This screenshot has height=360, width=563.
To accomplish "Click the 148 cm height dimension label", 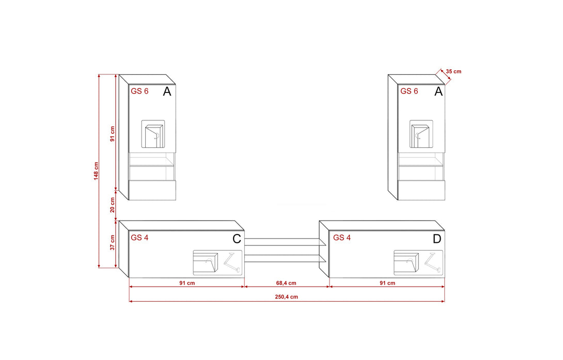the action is click(x=96, y=171).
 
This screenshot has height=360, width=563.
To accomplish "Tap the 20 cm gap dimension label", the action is click(x=113, y=205).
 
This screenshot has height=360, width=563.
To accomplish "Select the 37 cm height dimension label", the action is click(x=113, y=243).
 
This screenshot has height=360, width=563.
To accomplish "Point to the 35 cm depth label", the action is click(x=453, y=71).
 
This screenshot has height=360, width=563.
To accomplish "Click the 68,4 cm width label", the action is click(x=286, y=283).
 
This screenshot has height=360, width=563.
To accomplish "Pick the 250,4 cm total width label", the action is click(x=286, y=297).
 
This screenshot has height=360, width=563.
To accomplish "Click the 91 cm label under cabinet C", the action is click(x=187, y=283).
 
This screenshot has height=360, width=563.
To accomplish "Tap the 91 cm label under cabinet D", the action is click(x=387, y=283).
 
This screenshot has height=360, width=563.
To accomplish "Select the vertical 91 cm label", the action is click(x=113, y=134).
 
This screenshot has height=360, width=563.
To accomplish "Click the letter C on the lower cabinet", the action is click(x=237, y=239).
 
